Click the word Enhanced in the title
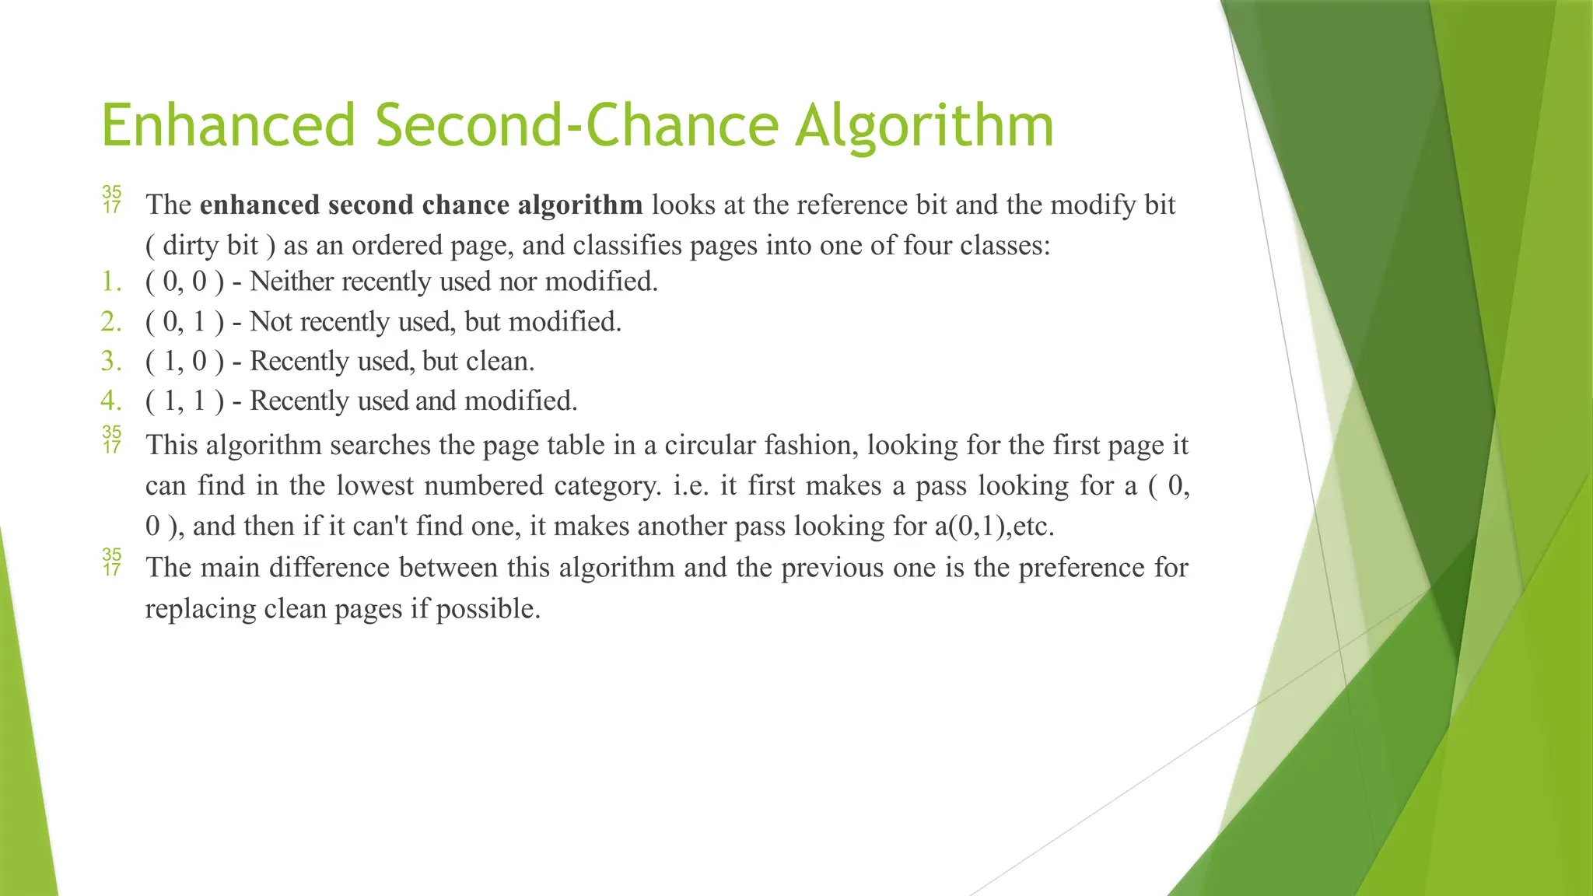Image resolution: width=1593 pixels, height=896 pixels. pos(228,125)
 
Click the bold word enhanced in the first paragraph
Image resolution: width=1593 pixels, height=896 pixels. pos(260,205)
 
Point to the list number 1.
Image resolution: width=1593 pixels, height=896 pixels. pos(111,282)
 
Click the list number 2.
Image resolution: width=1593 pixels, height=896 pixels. pos(111,321)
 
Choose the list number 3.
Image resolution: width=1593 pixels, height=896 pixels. pos(111,361)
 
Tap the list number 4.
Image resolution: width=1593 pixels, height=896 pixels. pos(111,401)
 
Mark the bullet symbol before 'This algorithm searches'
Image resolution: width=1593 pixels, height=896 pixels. pos(112,439)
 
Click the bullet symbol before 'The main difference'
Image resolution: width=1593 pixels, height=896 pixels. pos(112,562)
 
